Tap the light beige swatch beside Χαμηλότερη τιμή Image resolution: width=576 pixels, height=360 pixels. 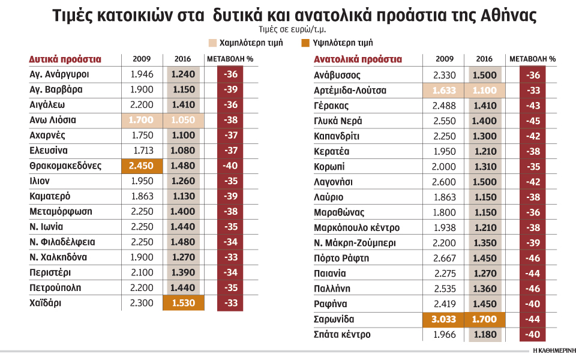pos(212,43)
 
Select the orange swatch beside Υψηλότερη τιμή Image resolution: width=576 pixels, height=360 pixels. pos(305,43)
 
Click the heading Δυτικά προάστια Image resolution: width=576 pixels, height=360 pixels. pos(65,59)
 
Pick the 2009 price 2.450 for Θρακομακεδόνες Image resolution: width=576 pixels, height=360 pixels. pos(142,166)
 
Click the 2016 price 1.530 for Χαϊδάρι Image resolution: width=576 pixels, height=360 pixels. pos(183,303)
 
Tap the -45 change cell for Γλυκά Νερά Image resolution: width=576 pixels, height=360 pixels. pos(532,121)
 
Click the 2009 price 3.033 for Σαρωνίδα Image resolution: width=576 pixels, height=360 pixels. pos(443,319)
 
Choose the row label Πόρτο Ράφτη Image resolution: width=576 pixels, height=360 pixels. pos(343,258)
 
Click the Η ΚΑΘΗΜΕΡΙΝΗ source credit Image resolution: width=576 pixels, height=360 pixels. pos(551,350)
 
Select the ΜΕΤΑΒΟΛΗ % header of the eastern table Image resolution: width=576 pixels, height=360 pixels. pos(532,59)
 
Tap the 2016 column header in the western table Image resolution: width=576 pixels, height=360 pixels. pos(183,59)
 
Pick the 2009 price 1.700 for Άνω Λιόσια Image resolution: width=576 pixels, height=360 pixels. pos(142,121)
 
